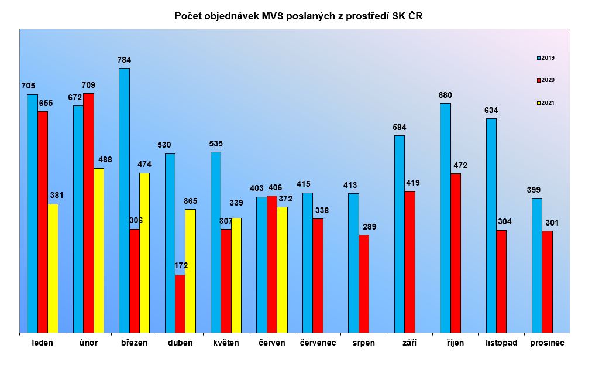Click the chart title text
(298, 16)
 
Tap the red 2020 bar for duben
(180, 304)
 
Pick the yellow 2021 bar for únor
(98, 251)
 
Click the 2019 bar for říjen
(445, 218)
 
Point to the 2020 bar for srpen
(364, 284)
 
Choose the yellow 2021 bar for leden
(53, 268)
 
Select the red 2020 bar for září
(409, 262)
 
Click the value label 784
(124, 60)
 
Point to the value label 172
(181, 266)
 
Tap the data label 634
(491, 110)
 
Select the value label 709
(88, 85)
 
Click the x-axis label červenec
(318, 343)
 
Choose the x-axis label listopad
(501, 343)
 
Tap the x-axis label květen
(226, 343)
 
